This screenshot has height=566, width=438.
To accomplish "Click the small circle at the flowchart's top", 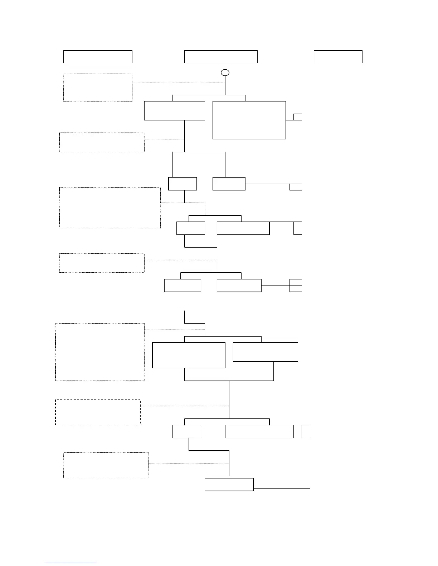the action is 225,73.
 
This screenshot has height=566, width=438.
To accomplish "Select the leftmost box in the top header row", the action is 98,57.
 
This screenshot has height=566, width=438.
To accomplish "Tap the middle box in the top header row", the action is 221,57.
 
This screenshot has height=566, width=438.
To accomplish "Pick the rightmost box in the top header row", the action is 338,57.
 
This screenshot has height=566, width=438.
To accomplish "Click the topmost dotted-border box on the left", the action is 98,88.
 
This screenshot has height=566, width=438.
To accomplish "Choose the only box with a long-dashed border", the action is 98,412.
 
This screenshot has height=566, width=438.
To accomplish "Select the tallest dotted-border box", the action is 100,352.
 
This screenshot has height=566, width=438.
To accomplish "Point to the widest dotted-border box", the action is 110,208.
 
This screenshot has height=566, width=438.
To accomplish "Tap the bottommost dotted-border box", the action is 106,465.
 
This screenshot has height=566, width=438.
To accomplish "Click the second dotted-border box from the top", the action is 102,143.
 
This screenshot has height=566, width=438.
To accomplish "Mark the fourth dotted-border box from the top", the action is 102,263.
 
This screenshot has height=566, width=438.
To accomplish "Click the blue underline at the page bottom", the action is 71,563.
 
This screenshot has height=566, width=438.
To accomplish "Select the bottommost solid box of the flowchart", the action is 229,484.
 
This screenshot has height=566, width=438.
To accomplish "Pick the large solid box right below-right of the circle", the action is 249,120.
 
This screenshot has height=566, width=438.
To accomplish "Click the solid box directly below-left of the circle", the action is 175,111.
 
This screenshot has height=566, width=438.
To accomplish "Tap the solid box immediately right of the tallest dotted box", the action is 189,355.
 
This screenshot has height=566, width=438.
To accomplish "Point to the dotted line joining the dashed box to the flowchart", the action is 185,406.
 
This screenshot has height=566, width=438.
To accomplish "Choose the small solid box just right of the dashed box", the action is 186,431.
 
